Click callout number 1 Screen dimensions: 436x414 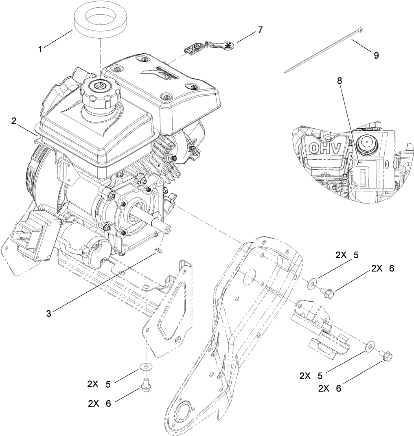click(40, 49)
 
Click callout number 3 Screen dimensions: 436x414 click(48, 313)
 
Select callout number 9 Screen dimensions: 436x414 click(376, 55)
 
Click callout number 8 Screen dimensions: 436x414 click(339, 81)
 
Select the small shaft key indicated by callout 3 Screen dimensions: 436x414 click(159, 250)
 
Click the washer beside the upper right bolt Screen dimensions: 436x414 click(313, 281)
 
